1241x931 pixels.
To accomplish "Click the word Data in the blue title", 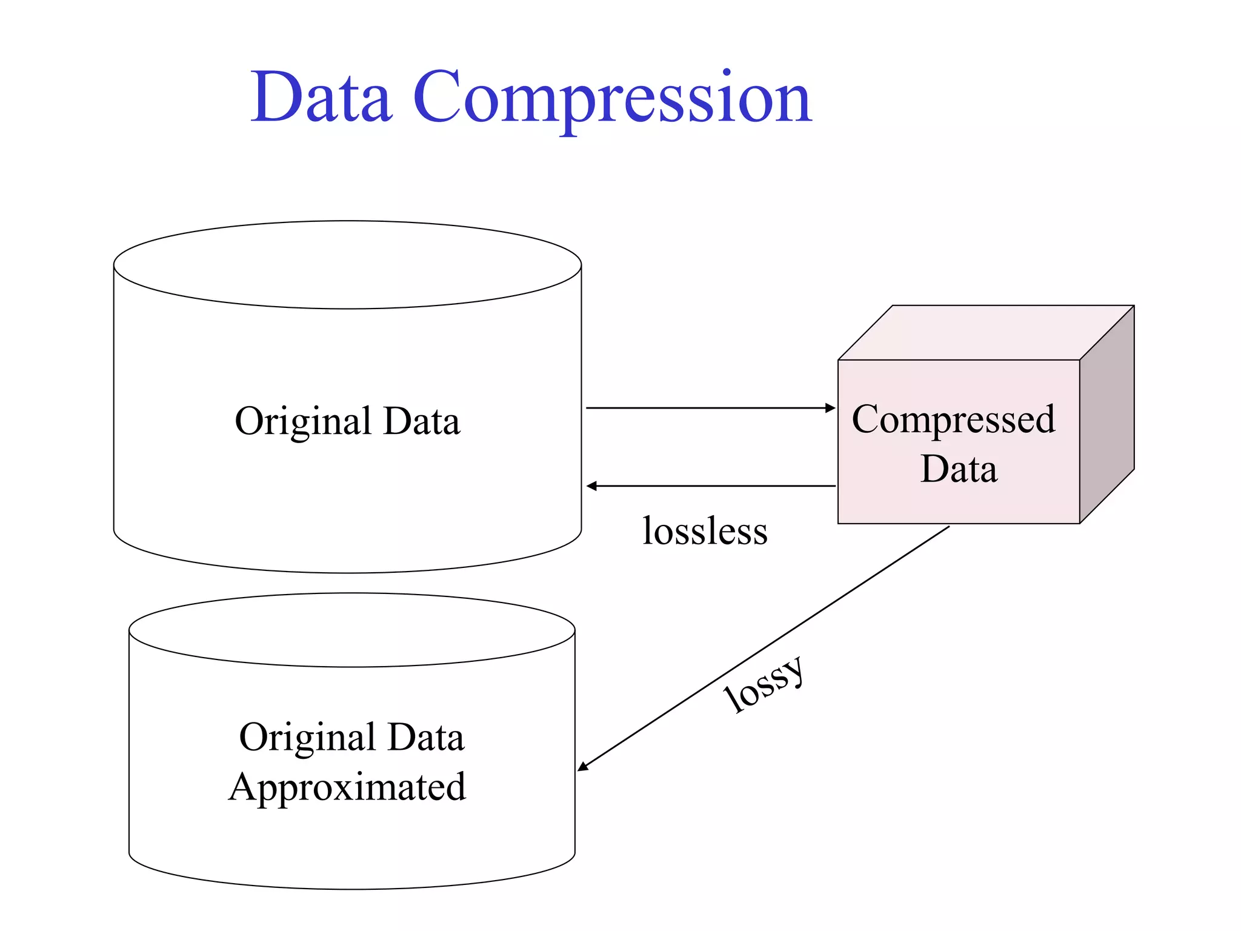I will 321,97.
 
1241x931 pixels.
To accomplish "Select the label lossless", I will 705,531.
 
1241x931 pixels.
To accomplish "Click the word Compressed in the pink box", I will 953,419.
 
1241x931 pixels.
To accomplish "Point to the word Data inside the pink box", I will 959,469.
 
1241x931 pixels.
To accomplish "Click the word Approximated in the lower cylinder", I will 347,788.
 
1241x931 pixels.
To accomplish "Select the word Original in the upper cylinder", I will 303,421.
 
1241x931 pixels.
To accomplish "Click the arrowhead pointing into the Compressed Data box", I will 830,408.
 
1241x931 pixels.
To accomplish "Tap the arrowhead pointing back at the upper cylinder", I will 592,486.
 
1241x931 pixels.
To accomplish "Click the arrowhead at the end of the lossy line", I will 583,767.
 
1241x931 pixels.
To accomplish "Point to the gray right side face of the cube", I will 1106,415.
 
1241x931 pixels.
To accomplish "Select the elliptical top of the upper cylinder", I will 347,265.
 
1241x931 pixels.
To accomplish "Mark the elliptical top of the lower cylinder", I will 351,630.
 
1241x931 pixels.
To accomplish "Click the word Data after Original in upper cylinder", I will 422,421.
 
